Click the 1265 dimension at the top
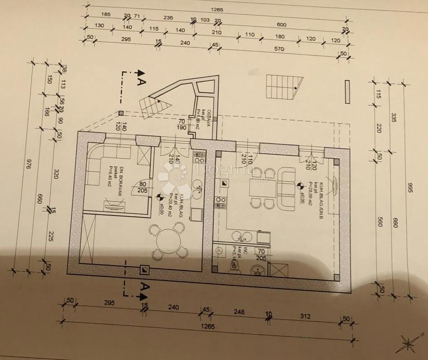[x=217, y=9]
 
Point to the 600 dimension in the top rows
[x=281, y=24]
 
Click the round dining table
[x=167, y=240]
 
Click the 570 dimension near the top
[x=279, y=49]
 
